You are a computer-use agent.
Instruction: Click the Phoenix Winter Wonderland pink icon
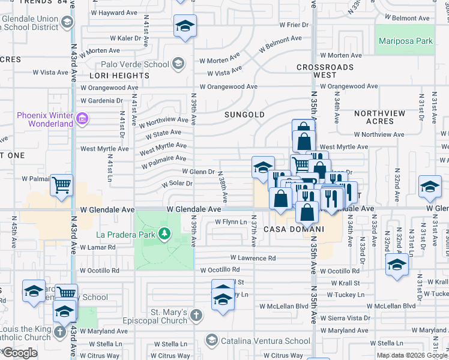pos(83,120)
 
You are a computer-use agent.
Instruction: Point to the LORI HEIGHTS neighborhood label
pos(119,76)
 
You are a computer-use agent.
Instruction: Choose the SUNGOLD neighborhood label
pos(244,114)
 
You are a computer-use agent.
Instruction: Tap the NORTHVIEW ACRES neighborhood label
pos(382,117)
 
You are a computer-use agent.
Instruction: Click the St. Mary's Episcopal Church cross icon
pos(195,316)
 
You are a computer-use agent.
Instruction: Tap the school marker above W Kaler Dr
pos(185,26)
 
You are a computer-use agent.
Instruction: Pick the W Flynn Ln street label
pos(231,222)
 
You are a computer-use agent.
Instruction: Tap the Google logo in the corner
pos(20,353)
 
